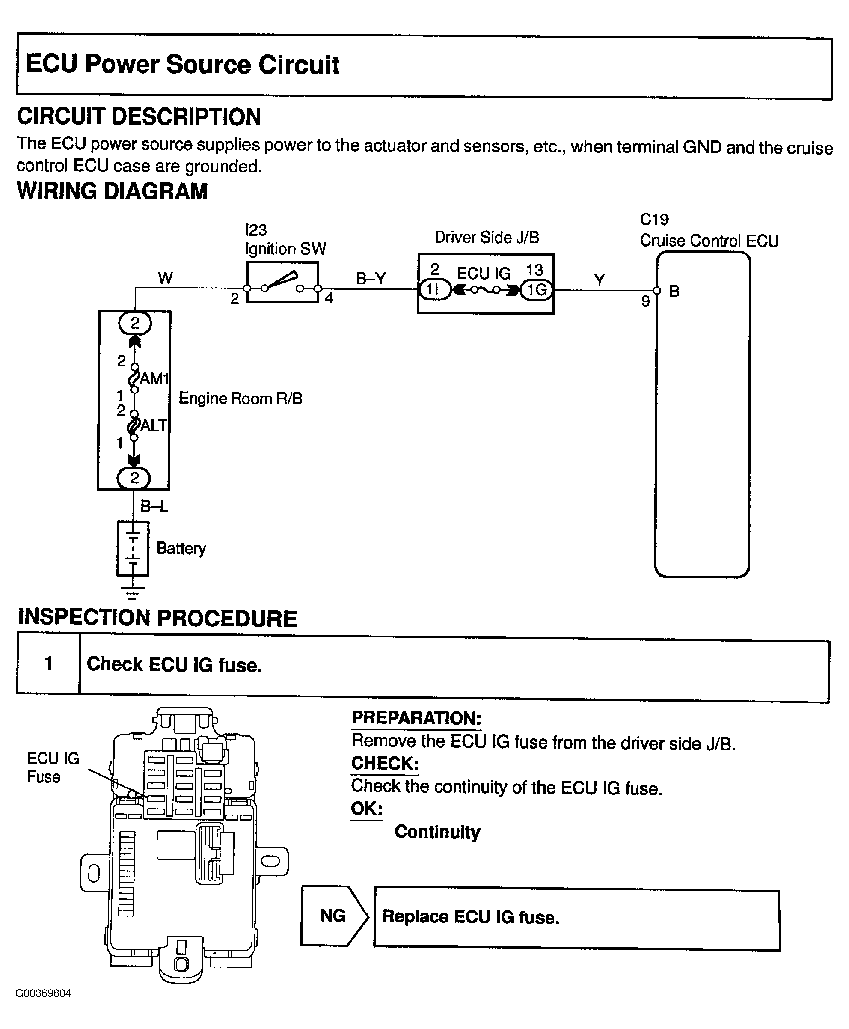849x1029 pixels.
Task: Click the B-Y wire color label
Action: click(371, 279)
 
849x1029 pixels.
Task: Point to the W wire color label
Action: click(165, 278)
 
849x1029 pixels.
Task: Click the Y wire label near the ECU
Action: click(600, 280)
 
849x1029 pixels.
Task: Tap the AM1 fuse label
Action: click(154, 378)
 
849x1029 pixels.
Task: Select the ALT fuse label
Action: click(154, 426)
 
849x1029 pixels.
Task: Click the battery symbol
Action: click(133, 549)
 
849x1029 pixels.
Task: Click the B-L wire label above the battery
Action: click(154, 506)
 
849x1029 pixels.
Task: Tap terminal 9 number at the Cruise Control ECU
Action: click(646, 301)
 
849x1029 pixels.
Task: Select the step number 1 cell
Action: click(48, 663)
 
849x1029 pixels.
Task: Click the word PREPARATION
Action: click(416, 718)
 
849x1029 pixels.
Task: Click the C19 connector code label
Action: click(654, 220)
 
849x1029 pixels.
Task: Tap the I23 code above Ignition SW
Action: click(256, 230)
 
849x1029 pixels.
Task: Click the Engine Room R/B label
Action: click(240, 399)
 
